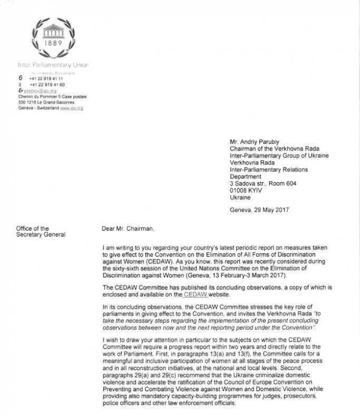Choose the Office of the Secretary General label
point(40,232)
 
